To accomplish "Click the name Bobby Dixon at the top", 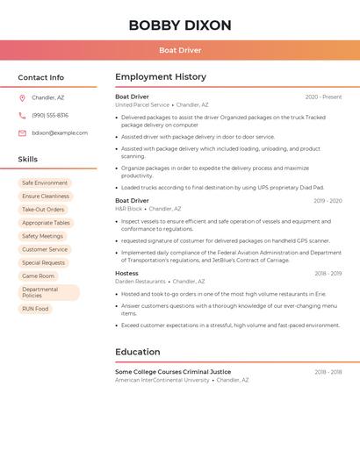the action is (x=180, y=25).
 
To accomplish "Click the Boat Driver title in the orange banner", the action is (x=180, y=50).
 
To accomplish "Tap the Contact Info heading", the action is (x=41, y=77).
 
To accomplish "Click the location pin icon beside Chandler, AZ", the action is (x=22, y=98).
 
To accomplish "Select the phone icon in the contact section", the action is (x=22, y=116).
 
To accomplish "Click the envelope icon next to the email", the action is (x=22, y=133).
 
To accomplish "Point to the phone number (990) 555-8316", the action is (x=50, y=116).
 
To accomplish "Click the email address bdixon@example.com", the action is (x=60, y=133).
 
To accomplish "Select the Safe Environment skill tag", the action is (x=45, y=183).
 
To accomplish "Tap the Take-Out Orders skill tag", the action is (x=43, y=210).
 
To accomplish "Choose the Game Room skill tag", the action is (x=38, y=276).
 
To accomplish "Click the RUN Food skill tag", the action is (x=35, y=309).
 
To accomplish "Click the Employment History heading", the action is (x=161, y=77).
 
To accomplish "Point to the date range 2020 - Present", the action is (x=323, y=97).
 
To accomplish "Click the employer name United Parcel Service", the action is (x=142, y=105).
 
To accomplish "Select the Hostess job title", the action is (x=126, y=274).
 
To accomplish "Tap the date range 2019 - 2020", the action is (x=328, y=202).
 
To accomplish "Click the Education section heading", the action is (x=138, y=352).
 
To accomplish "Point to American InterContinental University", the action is (x=162, y=380).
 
